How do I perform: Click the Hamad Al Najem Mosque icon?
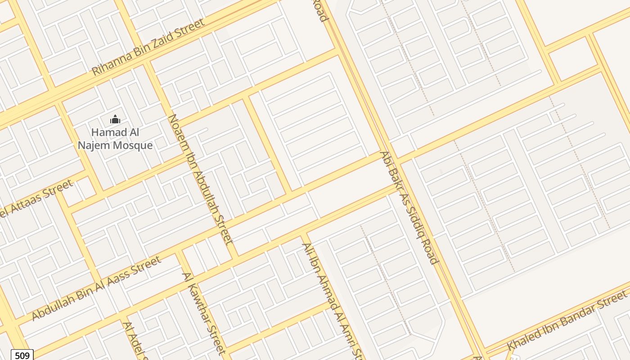pos(115,120)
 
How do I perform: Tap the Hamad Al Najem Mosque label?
pos(115,139)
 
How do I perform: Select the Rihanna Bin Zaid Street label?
pos(148,47)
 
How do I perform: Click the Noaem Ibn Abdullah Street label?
pos(200,179)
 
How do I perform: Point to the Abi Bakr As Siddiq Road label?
pos(409,207)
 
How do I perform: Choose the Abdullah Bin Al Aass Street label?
pos(96,288)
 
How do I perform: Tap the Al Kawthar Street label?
pos(203,312)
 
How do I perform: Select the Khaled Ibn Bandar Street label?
pos(567,321)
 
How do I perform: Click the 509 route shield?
pos(22,355)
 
